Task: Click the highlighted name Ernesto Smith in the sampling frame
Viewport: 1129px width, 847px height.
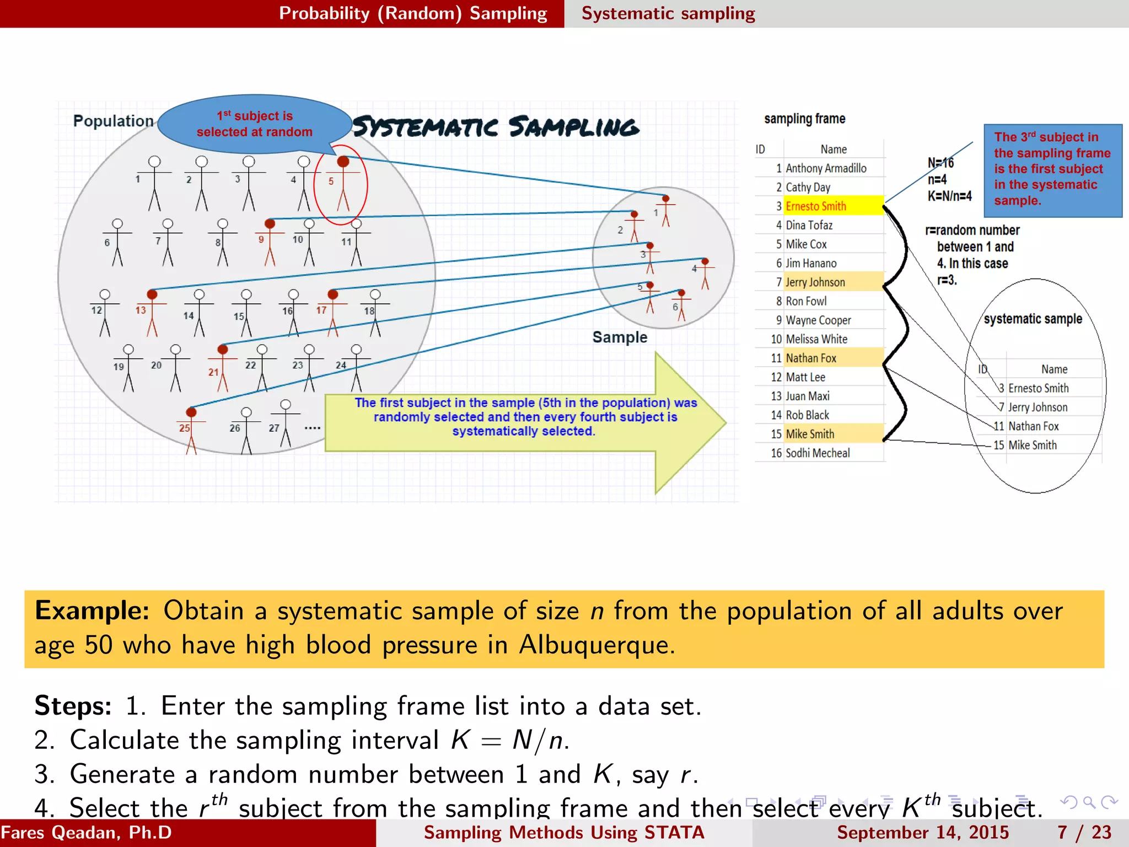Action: (815, 206)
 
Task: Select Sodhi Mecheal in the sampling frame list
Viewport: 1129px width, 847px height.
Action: (818, 453)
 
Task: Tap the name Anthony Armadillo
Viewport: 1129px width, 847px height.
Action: (826, 168)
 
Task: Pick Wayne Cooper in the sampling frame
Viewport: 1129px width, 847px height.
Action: (818, 320)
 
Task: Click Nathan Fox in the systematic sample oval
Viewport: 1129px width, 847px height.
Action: (1033, 426)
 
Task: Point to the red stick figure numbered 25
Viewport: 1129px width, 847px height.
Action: (191, 430)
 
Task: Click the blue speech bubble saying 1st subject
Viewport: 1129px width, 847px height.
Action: (255, 124)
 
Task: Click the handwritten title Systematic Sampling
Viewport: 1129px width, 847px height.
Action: (496, 127)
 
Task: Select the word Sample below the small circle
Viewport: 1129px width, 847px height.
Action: (620, 337)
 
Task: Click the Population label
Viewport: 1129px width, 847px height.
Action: (113, 121)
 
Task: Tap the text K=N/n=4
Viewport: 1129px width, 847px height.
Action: (949, 196)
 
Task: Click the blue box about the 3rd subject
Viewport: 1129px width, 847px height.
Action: (1052, 169)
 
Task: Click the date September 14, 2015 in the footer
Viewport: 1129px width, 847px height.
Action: (922, 833)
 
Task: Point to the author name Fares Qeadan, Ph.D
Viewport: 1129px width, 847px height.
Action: (87, 833)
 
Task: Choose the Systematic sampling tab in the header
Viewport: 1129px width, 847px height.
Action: (668, 13)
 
